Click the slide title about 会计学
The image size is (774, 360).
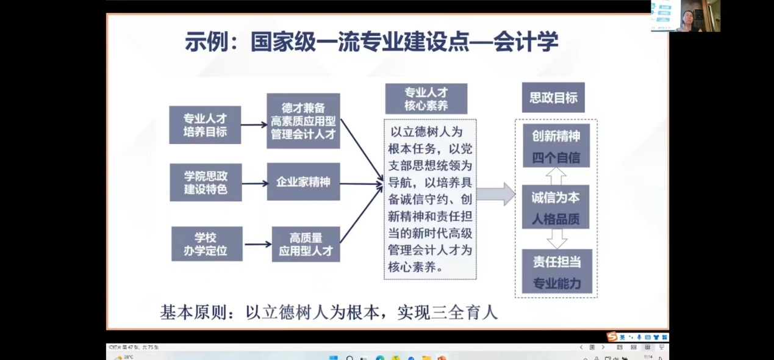371,43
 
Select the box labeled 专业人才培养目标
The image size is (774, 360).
205,125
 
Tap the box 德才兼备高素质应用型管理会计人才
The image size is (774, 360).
303,121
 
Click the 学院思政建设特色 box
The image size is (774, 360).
206,182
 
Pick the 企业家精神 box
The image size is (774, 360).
303,182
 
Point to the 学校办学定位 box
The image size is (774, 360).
206,244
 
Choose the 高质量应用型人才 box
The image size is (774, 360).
306,244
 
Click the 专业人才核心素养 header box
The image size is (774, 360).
426,99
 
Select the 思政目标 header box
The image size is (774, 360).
553,98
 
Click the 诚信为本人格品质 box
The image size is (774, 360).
556,207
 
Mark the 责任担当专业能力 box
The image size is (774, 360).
556,272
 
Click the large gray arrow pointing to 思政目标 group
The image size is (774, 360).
495,194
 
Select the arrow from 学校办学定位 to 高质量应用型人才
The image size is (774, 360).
257,244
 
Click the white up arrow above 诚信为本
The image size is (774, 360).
556,176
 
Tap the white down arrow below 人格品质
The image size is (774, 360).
556,239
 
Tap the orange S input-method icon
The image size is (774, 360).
612,337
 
